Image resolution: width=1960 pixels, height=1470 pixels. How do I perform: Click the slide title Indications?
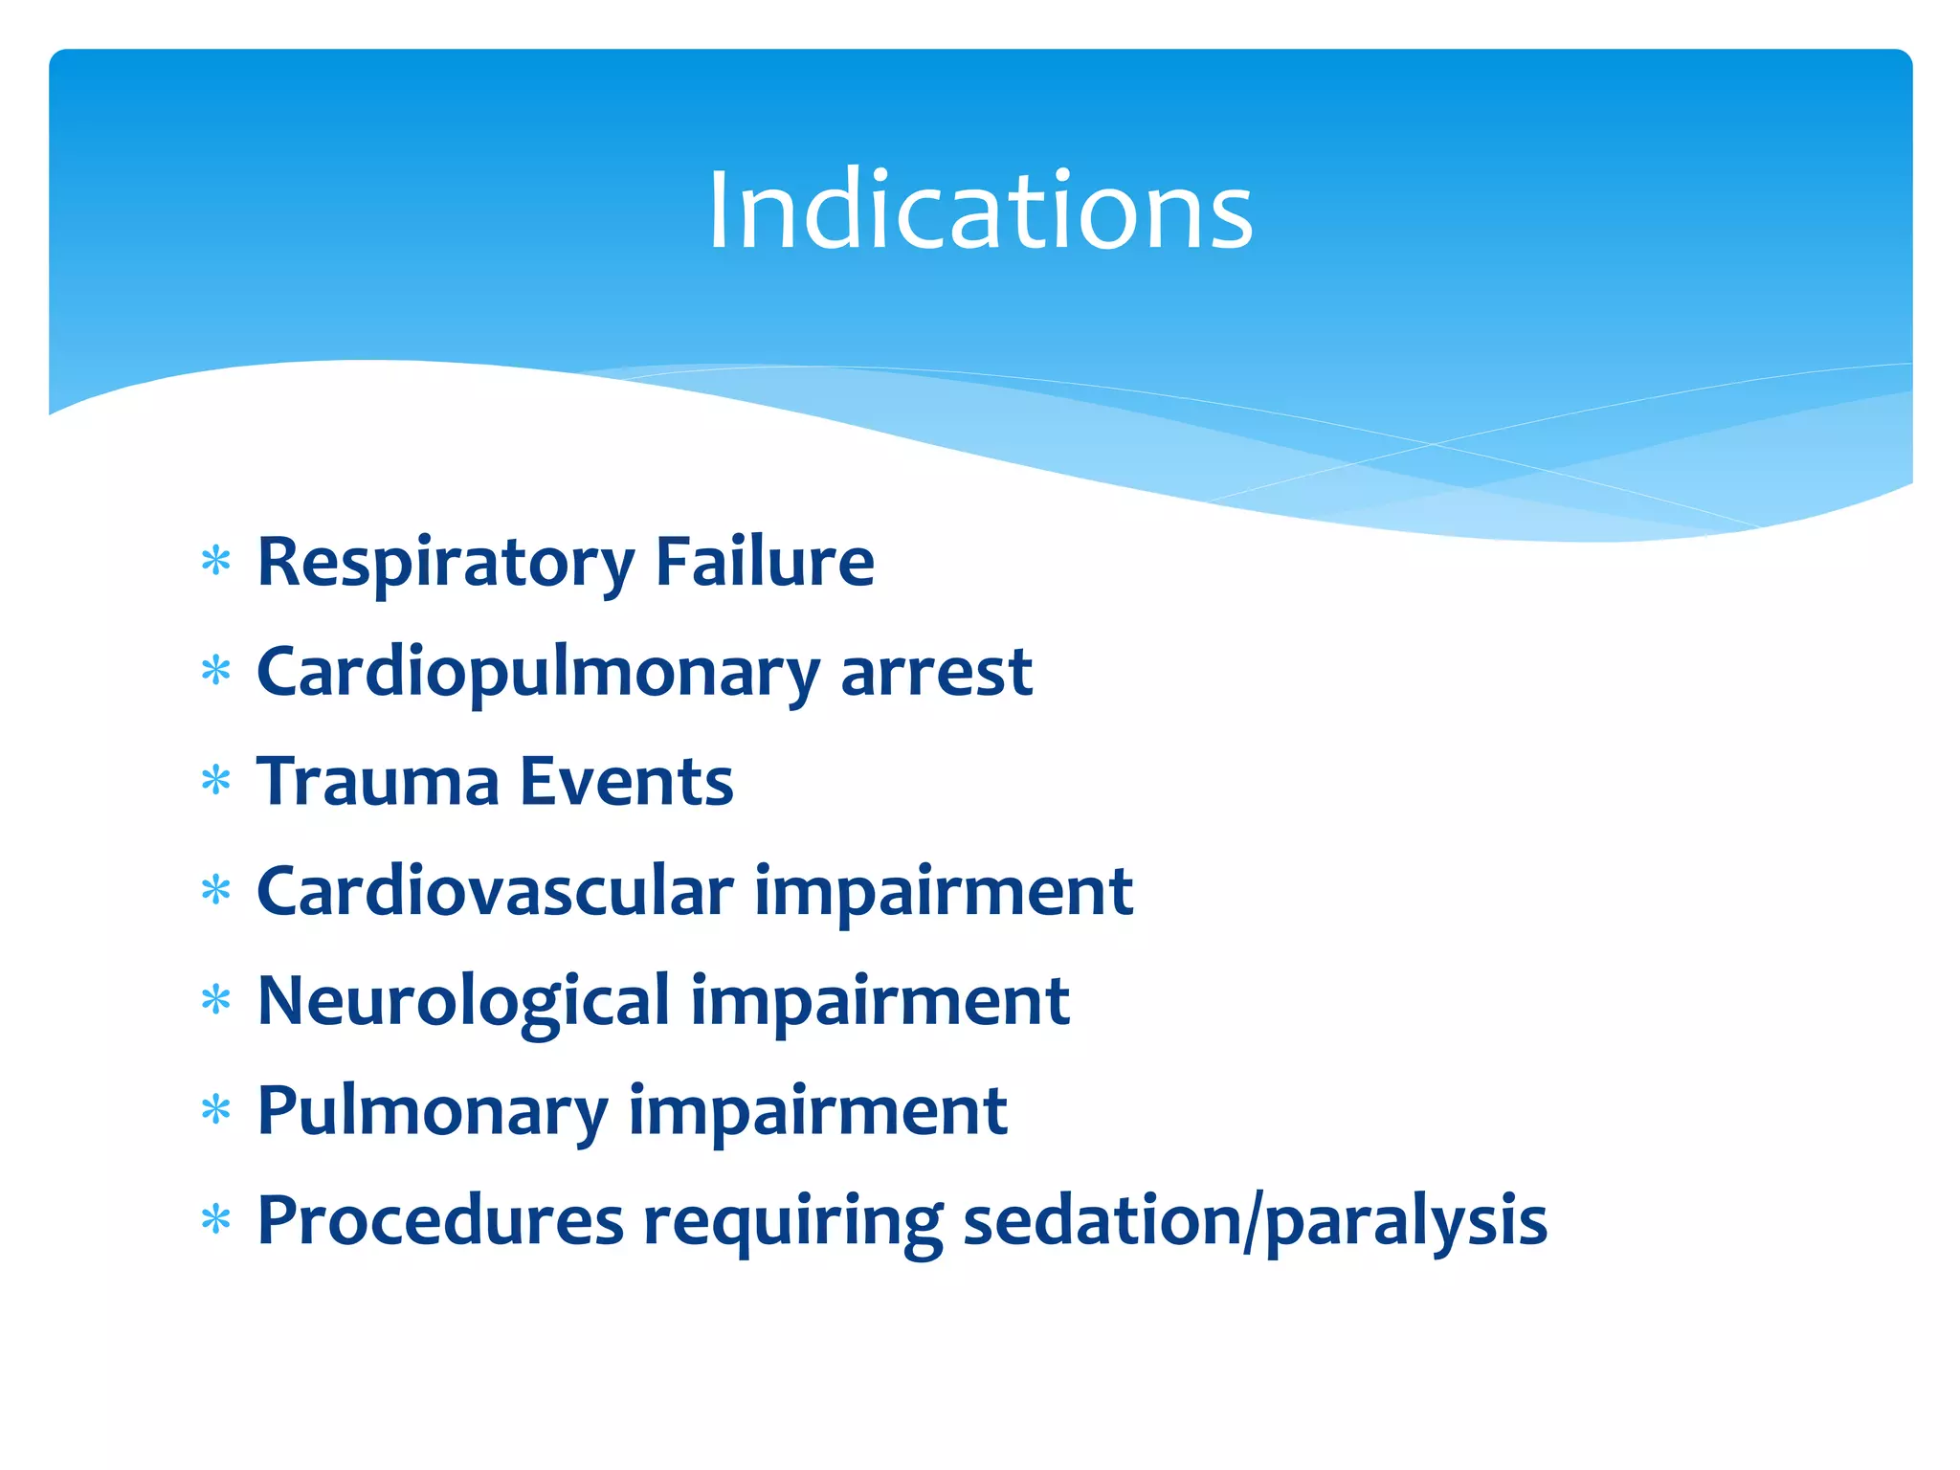979,211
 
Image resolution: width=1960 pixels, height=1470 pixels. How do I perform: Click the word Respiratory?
445,563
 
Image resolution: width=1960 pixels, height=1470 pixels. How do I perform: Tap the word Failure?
764,563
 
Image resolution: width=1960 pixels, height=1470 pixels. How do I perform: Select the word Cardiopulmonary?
538,673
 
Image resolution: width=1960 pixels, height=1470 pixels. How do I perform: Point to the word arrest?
936,673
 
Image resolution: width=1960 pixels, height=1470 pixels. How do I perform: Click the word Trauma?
378,782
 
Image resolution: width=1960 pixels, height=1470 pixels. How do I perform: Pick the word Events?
626,782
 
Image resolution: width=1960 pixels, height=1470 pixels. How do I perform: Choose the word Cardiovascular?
495,892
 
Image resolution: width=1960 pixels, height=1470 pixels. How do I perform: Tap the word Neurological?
463,1001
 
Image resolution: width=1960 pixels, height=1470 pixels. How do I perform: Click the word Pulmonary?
433,1111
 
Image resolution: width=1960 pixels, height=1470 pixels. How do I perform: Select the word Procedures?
440,1221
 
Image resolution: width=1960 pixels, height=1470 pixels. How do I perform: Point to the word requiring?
792,1221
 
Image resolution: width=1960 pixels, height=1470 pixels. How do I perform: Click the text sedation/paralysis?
1254,1221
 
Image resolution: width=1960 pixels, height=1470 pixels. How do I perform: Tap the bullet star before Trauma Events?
216,781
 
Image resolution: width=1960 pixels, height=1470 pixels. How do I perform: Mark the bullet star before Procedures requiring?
216,1220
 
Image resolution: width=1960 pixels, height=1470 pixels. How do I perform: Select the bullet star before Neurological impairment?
216,1000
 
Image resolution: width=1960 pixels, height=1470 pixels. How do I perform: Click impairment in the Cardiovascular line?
944,892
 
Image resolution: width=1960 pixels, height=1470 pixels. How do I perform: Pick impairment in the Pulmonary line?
817,1111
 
